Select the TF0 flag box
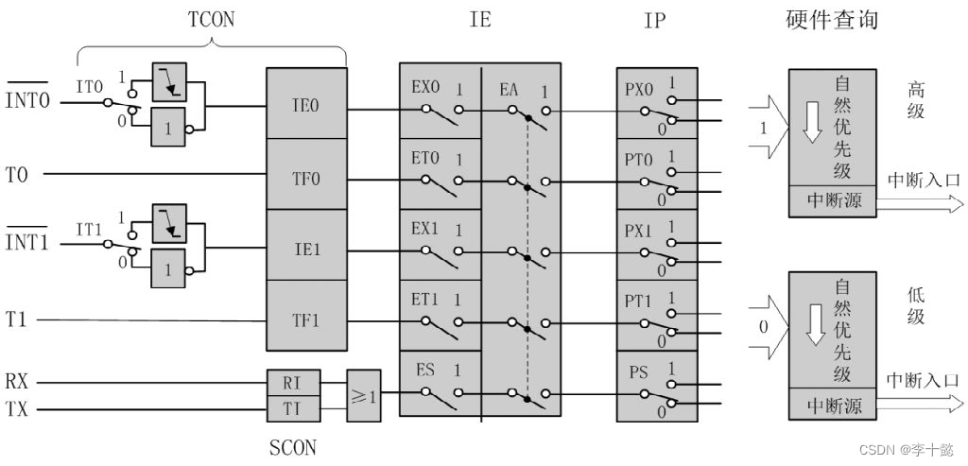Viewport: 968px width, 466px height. tap(306, 175)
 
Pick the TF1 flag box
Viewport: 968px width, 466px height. tap(306, 320)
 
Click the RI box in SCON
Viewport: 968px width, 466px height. tap(294, 383)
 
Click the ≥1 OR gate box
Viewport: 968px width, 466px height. tap(364, 395)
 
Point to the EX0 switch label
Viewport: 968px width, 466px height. tap(425, 87)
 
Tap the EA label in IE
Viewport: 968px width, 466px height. tap(511, 90)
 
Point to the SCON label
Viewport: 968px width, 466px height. tap(293, 446)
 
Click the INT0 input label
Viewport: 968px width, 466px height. tap(28, 99)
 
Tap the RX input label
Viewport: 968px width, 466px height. tap(18, 383)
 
